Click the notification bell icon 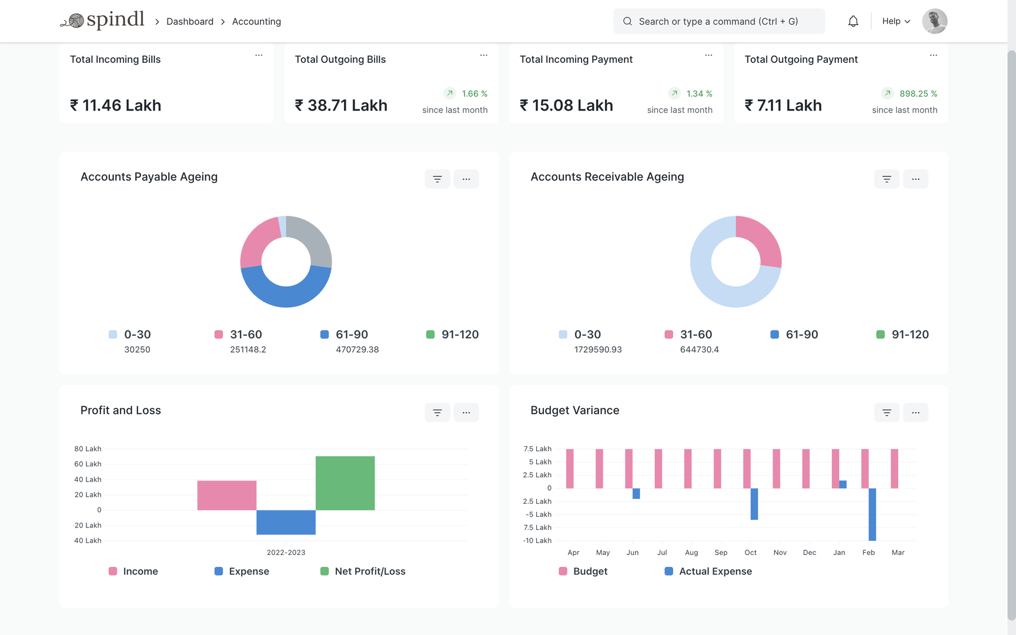click(x=853, y=22)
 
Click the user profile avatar click(x=934, y=21)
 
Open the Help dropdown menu click(x=895, y=21)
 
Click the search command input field click(x=718, y=21)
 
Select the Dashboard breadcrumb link click(x=189, y=22)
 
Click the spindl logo click(x=103, y=21)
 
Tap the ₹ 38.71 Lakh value click(x=341, y=105)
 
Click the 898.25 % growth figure click(x=918, y=93)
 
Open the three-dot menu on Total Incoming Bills click(x=259, y=55)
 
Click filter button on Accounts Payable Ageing click(x=437, y=179)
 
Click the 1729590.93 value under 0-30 click(x=597, y=349)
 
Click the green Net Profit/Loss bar click(x=345, y=483)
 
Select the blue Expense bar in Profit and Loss click(x=286, y=522)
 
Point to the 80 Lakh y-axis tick click(x=88, y=449)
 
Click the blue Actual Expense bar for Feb click(x=872, y=514)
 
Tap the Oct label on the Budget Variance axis click(x=750, y=553)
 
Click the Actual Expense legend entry click(x=714, y=571)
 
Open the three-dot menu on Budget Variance click(x=915, y=412)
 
